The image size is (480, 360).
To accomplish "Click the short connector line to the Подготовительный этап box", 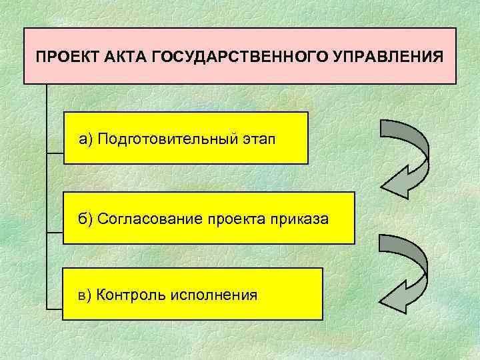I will click(55, 153).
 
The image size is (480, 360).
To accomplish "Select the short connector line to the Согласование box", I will click(55, 232).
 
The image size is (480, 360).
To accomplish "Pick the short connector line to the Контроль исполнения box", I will click(55, 308).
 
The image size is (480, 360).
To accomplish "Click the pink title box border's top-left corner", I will click(25, 29).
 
